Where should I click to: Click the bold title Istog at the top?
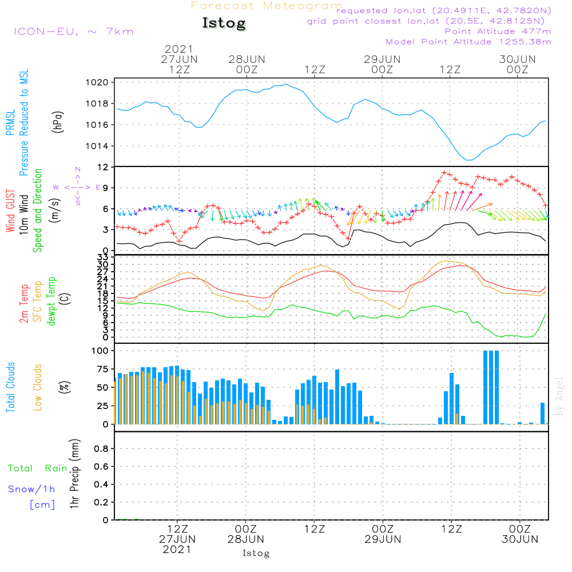coord(224,23)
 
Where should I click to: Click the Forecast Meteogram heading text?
coord(267,6)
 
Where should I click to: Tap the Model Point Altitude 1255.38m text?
coord(468,42)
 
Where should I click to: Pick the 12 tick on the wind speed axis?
coord(104,167)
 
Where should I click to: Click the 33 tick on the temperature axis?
coord(104,258)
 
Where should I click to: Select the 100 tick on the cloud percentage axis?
coord(101,351)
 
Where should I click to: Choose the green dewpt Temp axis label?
coord(51,301)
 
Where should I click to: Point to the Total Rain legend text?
coord(37,468)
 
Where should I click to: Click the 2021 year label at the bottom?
coord(177,549)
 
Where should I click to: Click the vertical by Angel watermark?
coord(560,396)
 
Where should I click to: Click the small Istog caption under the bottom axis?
coord(256,553)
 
